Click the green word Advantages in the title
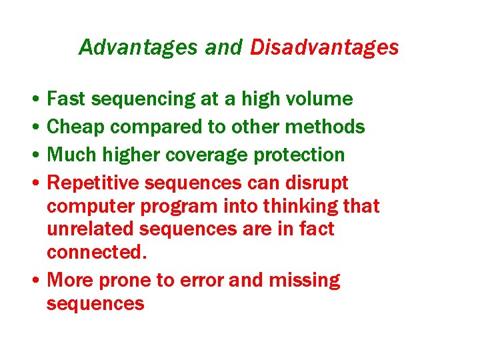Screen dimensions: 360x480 (138, 47)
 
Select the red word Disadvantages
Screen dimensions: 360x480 (325, 47)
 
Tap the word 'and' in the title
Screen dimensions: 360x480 (223, 47)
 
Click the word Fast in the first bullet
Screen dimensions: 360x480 (67, 99)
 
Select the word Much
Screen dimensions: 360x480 (72, 155)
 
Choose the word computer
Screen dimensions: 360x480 (83, 207)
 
